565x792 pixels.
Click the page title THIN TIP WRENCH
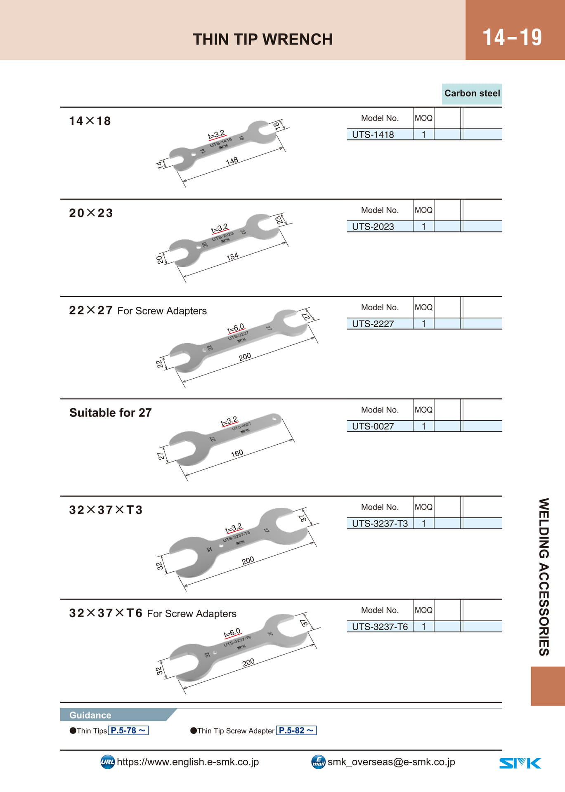(262, 40)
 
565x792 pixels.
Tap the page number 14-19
(512, 37)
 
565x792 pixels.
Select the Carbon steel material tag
(472, 94)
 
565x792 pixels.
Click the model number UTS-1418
(373, 134)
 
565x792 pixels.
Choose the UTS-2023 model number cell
(373, 226)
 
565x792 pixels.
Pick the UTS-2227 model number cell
(373, 324)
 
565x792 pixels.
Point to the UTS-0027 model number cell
(373, 426)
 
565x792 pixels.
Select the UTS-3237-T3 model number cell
(380, 523)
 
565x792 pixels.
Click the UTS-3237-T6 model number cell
(380, 627)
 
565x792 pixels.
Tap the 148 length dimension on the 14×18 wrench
(232, 161)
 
